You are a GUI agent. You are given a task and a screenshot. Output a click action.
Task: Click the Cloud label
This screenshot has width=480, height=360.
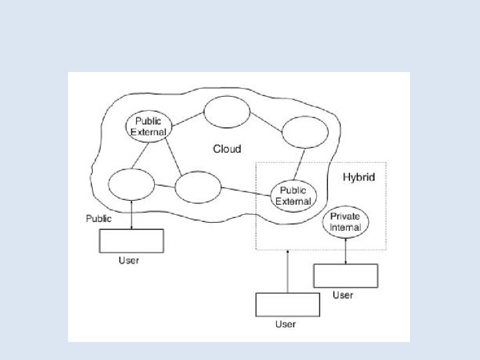tap(227, 149)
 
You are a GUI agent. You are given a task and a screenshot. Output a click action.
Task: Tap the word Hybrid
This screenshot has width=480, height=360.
tap(359, 177)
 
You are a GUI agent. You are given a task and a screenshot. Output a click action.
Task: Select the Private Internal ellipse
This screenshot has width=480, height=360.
tap(345, 222)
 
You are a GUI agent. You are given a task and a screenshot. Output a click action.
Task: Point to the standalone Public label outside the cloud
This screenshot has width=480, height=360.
tap(99, 219)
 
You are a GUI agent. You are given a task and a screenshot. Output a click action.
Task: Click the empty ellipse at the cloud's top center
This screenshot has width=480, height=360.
tap(227, 111)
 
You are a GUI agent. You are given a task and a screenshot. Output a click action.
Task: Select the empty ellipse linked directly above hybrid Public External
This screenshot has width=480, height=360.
tap(305, 133)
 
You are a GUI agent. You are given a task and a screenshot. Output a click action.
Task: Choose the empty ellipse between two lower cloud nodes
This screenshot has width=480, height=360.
tap(198, 186)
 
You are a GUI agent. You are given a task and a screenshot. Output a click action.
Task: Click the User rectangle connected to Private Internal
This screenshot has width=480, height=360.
tap(345, 275)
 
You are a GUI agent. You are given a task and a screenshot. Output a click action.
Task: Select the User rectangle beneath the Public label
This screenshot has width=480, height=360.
tap(131, 241)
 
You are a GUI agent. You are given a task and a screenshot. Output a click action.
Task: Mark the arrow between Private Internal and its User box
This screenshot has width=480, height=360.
tap(345, 251)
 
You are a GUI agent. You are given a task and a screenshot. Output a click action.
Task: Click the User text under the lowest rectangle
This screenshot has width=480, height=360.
tap(285, 325)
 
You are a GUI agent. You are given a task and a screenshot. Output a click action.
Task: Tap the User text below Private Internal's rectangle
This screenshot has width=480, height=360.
tap(343, 295)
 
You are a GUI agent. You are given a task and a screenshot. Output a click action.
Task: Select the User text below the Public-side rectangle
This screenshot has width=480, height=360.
tap(129, 261)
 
